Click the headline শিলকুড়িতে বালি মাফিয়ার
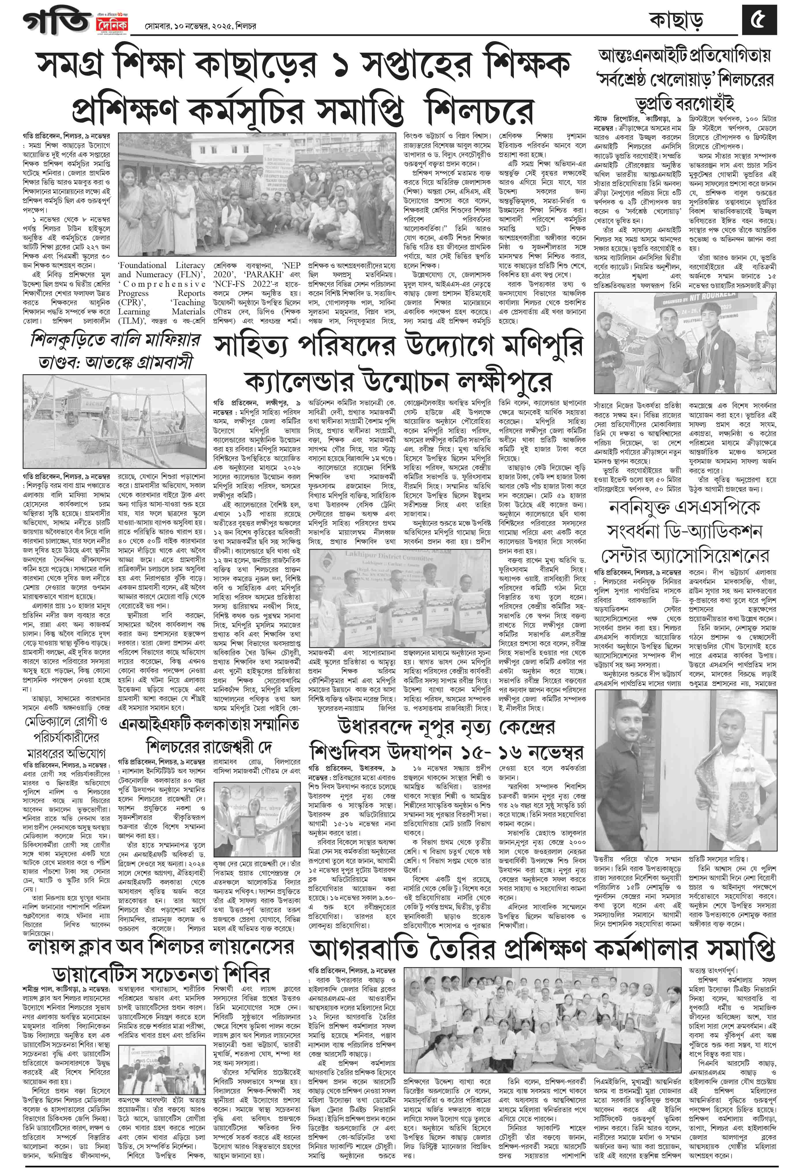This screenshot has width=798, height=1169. (x=115, y=341)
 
